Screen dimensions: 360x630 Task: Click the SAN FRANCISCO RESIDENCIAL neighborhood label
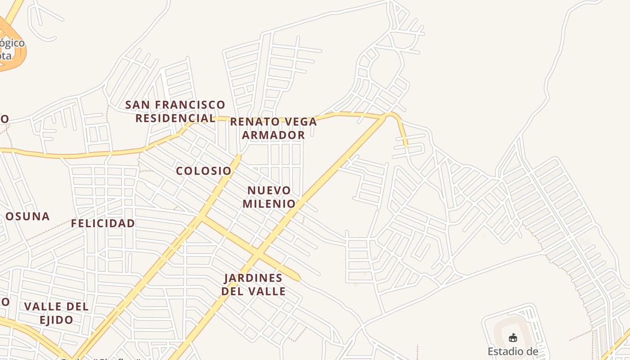click(175, 112)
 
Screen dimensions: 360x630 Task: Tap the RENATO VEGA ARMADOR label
click(274, 128)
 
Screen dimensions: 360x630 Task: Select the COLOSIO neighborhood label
click(203, 171)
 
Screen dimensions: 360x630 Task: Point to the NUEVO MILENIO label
click(269, 197)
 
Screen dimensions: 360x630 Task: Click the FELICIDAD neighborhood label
click(103, 223)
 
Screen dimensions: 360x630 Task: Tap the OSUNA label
click(27, 216)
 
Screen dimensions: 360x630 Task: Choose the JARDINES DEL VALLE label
click(253, 284)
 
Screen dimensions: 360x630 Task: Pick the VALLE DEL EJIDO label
click(56, 313)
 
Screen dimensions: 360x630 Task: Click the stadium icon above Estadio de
click(513, 337)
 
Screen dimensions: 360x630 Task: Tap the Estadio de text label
click(513, 351)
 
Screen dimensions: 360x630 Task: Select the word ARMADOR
click(274, 135)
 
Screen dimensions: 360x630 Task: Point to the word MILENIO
click(269, 204)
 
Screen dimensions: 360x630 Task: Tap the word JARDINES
click(253, 278)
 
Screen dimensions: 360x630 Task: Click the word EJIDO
click(56, 320)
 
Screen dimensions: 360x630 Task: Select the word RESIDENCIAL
click(175, 118)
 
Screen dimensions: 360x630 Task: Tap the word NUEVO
click(269, 190)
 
